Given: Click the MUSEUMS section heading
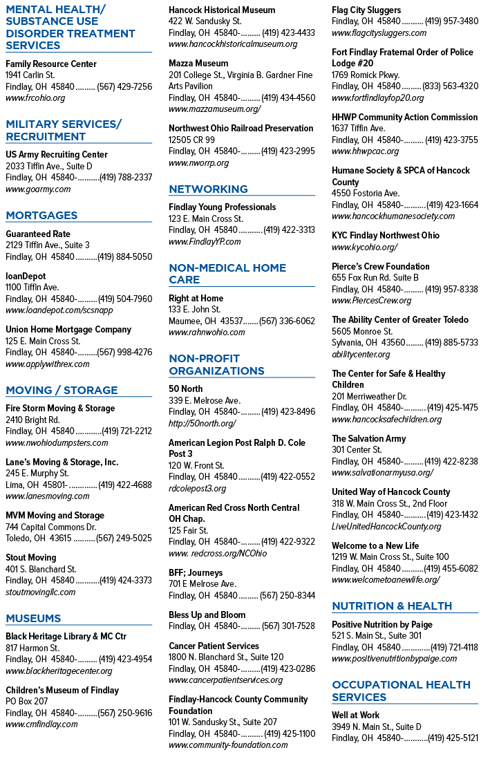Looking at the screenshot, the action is (x=33, y=618).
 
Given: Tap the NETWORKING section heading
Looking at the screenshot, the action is (x=208, y=189).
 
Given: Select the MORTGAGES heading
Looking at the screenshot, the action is (x=41, y=215).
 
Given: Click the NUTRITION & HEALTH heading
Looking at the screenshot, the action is (x=392, y=606).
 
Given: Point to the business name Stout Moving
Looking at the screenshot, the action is (x=30, y=557).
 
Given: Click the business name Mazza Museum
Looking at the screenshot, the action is (x=198, y=64).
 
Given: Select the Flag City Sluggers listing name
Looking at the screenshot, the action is (x=366, y=10).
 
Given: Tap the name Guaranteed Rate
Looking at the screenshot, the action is (x=38, y=234).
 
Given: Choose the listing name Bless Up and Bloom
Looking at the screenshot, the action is (x=207, y=615).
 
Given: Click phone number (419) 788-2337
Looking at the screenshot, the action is (x=126, y=177).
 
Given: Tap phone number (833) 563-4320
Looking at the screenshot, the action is (x=451, y=86).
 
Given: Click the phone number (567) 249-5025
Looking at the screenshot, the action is (x=124, y=538).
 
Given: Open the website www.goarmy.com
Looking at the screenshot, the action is (x=38, y=189).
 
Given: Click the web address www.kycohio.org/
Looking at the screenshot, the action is (x=365, y=247).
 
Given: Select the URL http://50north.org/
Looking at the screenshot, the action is (x=202, y=423).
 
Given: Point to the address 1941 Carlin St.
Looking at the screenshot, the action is (x=30, y=75).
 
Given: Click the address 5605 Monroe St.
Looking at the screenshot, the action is (x=361, y=331).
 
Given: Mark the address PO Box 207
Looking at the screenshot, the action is (x=27, y=701).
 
